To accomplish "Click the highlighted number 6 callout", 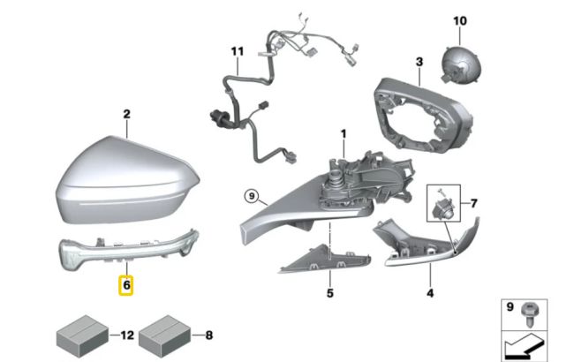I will (x=126, y=286).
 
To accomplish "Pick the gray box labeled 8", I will (x=164, y=334).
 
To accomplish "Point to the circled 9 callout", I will (x=251, y=196).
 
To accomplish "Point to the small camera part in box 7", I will (x=441, y=207).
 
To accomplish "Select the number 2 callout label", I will (x=126, y=114).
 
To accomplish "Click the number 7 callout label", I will (x=473, y=204).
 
